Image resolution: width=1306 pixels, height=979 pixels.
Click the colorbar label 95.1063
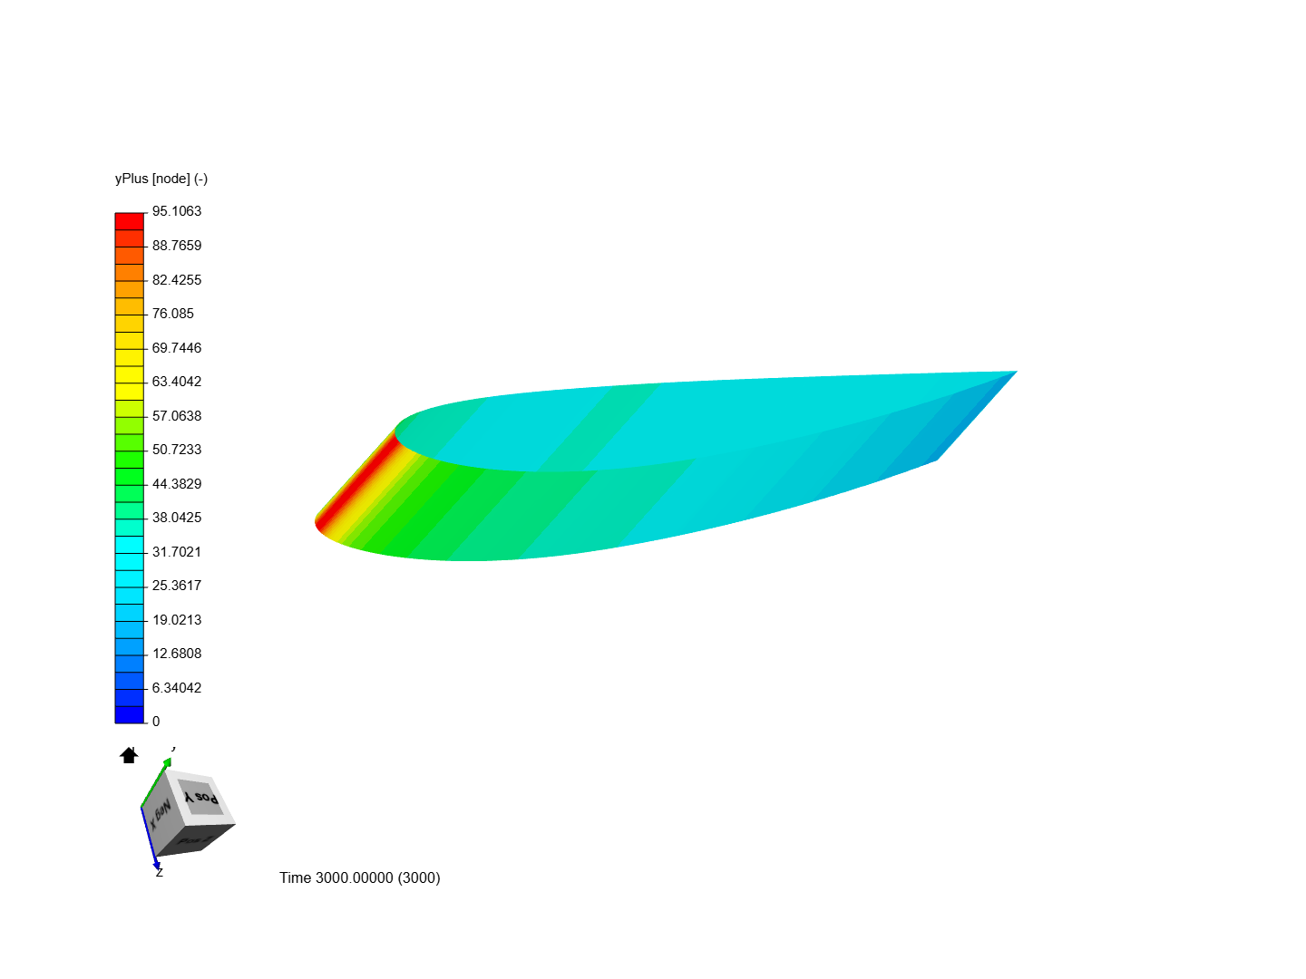click(176, 211)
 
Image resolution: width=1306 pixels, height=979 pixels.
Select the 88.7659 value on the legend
click(176, 246)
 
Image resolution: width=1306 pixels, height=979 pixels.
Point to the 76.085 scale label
click(172, 314)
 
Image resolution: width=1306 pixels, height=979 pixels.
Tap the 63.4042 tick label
click(176, 382)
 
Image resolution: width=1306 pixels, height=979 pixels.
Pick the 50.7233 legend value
click(176, 450)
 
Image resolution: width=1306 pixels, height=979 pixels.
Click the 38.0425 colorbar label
click(176, 518)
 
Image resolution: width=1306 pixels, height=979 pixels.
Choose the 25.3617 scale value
click(176, 586)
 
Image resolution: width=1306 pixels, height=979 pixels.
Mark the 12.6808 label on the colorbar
click(176, 654)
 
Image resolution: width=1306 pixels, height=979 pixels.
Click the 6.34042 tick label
click(176, 688)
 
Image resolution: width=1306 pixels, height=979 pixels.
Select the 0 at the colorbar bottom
click(156, 722)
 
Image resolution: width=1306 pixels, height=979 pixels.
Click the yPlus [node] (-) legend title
click(161, 179)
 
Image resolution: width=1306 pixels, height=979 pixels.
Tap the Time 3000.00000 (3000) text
click(359, 877)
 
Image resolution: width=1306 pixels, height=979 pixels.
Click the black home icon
click(129, 755)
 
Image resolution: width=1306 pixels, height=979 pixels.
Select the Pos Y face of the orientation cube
click(200, 797)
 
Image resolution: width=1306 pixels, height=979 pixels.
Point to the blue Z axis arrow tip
click(157, 866)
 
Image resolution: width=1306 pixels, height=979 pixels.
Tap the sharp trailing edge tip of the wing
click(1015, 372)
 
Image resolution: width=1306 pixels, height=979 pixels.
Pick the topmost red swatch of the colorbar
click(130, 221)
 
